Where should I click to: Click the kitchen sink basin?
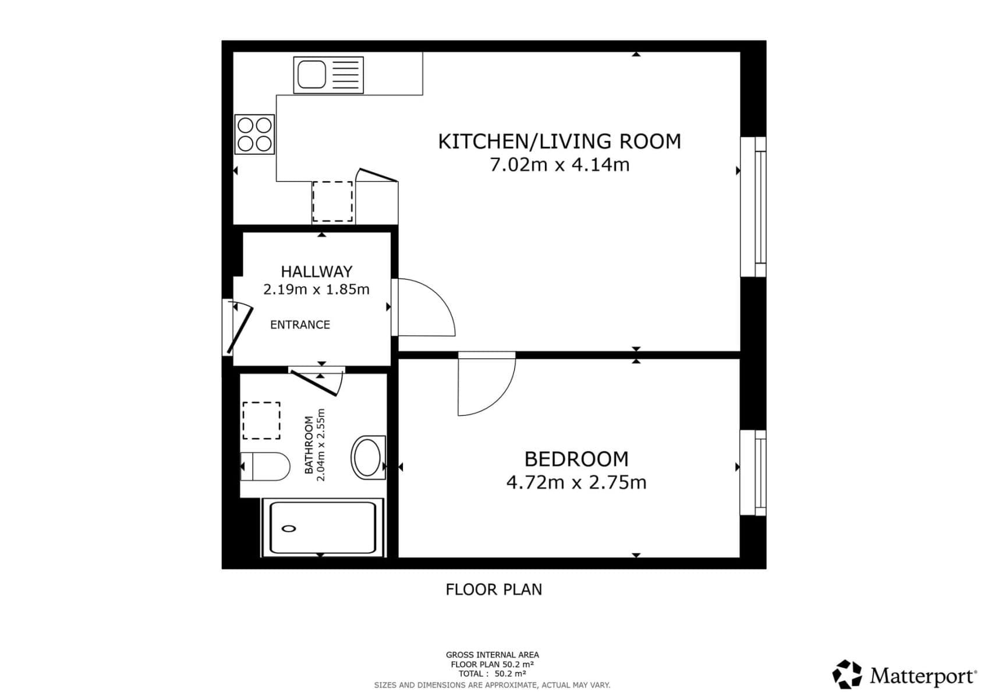pos(311,75)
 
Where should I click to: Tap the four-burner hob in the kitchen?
pos(254,135)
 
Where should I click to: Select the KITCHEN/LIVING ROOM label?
pos(559,142)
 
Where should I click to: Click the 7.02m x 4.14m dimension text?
pos(559,165)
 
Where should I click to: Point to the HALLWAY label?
pos(316,271)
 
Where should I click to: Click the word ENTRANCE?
pos(300,325)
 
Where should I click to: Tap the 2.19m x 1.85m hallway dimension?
pos(316,290)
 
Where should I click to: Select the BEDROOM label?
pos(576,459)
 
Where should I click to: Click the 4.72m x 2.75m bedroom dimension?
pos(576,483)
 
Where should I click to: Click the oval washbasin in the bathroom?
pos(367,457)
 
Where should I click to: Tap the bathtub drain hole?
pos(289,529)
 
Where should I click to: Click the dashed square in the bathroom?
pos(261,421)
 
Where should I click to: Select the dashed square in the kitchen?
pos(332,202)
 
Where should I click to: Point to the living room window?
pos(753,207)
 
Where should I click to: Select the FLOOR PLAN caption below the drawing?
pos(494,590)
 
